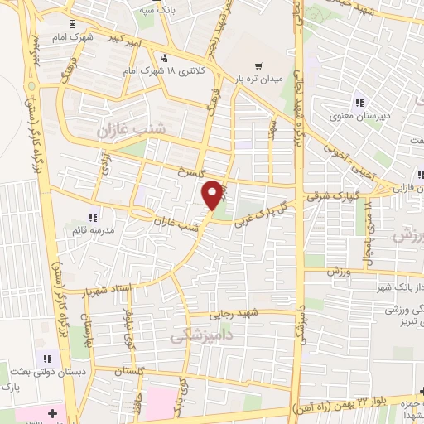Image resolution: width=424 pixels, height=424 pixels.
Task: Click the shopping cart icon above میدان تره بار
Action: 258,66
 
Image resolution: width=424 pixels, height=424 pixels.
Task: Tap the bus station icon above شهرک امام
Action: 72,24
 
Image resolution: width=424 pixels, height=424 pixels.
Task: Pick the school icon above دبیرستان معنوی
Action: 359,103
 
